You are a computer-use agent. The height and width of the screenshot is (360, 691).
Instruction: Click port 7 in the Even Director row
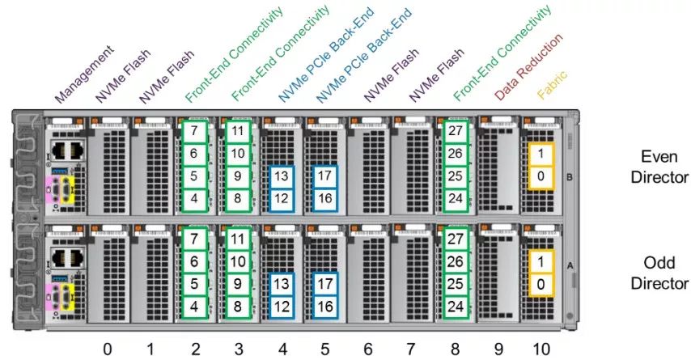click(194, 130)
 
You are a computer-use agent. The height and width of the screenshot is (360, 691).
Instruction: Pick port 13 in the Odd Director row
click(281, 285)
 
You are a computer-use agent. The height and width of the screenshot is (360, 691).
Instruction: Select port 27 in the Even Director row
click(456, 130)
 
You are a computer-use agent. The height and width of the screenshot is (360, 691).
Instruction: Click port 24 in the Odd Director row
click(456, 306)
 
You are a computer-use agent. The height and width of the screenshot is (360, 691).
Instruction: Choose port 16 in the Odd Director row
click(324, 306)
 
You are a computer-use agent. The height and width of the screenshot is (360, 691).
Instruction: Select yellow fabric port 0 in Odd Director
click(540, 285)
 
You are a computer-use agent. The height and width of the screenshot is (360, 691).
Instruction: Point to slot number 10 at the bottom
click(542, 349)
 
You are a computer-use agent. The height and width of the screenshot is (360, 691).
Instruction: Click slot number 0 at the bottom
click(107, 349)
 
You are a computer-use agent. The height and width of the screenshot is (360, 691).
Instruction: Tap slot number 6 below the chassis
click(368, 349)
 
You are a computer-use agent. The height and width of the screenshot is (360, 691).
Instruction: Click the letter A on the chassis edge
click(569, 265)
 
